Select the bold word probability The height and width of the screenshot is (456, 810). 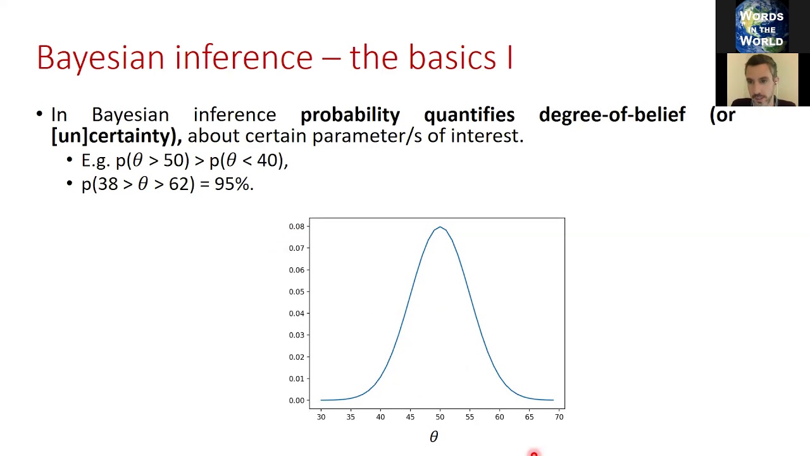[350, 115]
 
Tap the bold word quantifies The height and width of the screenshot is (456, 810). [469, 115]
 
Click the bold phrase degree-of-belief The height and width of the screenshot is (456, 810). [612, 115]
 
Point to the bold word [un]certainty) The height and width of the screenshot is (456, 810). [116, 136]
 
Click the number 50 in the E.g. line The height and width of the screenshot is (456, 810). [173, 160]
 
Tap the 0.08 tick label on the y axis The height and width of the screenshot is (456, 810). [296, 226]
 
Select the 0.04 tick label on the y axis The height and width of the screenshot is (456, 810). [296, 313]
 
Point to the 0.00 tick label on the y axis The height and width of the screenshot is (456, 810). [296, 400]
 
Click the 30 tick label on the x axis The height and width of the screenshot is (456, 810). [321, 417]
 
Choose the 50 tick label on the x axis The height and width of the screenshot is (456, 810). [440, 417]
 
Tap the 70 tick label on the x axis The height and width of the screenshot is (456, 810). [559, 417]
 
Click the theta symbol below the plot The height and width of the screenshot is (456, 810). [433, 436]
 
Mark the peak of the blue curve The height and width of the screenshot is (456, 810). [440, 227]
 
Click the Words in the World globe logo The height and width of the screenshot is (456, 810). [761, 27]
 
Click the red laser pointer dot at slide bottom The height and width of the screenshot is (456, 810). [533, 453]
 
